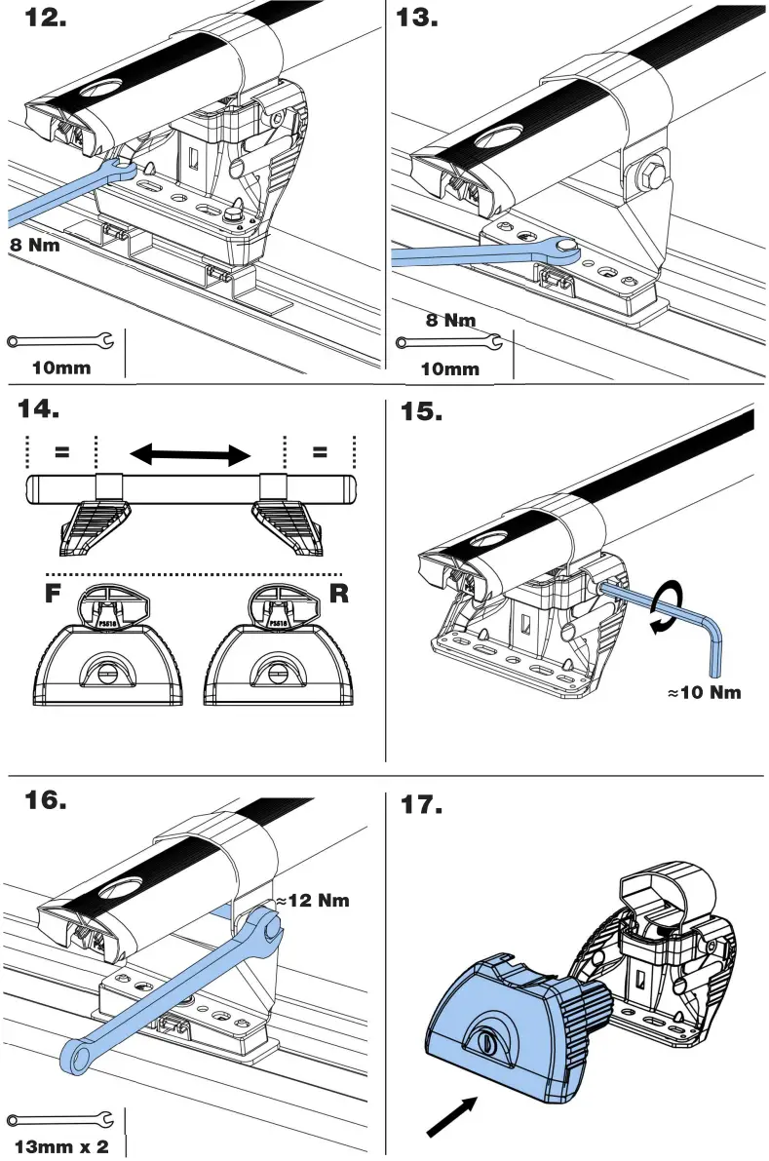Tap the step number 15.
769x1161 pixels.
pos(421,412)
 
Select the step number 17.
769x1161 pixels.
pos(421,805)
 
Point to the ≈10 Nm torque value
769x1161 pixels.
pos(704,693)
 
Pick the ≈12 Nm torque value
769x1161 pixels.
pos(311,901)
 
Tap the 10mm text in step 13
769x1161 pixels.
pos(449,368)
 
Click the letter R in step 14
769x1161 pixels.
pos(338,594)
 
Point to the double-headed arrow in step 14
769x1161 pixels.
pos(191,453)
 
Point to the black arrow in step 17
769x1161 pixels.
pos(452,1117)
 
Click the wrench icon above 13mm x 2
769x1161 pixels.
pos(59,1119)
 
